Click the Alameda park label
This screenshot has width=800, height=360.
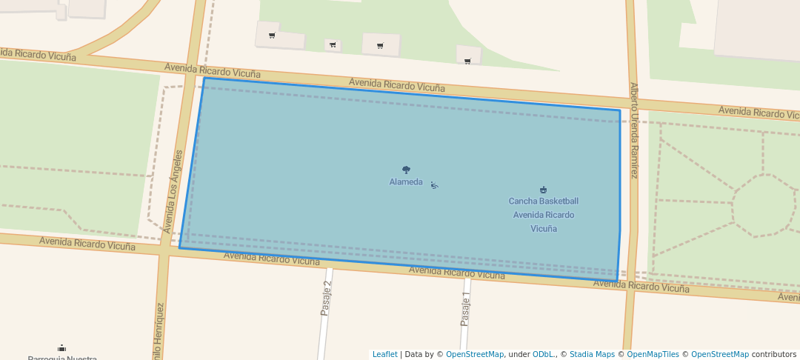coord(406,182)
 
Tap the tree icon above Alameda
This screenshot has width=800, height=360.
coord(406,170)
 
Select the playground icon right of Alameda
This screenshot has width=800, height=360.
coord(434,185)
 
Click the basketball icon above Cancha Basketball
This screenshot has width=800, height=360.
coord(543,190)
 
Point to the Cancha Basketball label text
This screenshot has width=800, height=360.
coord(543,201)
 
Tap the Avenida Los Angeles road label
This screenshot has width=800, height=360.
coord(178,191)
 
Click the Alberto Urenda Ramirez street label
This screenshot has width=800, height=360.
coord(633,130)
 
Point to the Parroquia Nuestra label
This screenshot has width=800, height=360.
coord(62,358)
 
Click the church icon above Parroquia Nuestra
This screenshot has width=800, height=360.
coord(61,348)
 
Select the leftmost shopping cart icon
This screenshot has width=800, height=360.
coord(272,36)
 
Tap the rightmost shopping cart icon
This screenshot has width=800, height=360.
coord(467,61)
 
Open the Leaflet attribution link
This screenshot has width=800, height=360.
coord(384,354)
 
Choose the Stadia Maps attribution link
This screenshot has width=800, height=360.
coord(592,354)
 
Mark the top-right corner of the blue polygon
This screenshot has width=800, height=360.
coord(620,110)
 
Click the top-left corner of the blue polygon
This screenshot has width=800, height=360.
coord(204,78)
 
